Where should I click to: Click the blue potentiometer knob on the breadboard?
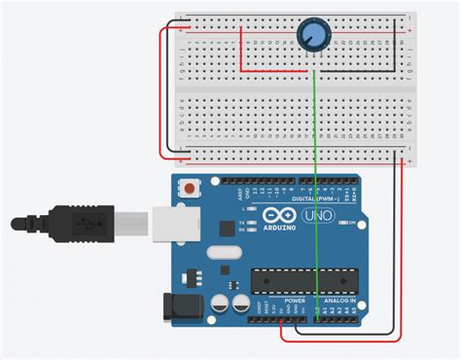coord(311,35)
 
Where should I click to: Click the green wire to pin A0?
coord(315,195)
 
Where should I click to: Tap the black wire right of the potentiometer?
coord(395,44)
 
